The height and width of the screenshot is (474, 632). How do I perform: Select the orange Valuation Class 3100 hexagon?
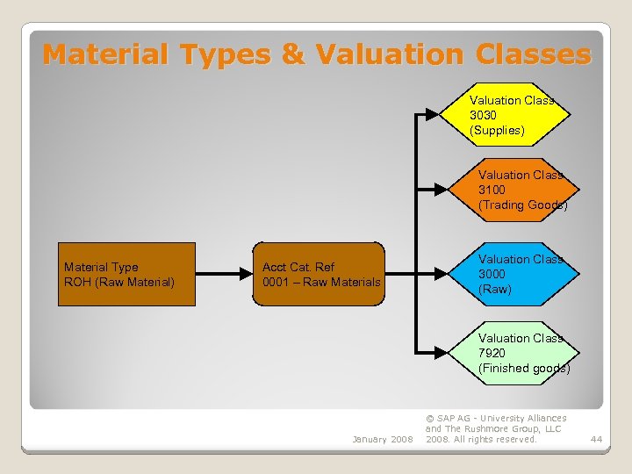518,189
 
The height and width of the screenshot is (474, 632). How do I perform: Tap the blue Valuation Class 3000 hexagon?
518,274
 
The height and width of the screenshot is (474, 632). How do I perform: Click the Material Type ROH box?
127,274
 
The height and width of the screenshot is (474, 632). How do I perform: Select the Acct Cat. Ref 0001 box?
319,274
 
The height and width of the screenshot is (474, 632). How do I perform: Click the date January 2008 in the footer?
382,439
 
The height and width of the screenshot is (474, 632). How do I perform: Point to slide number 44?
596,439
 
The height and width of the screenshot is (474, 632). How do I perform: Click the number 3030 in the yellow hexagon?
483,115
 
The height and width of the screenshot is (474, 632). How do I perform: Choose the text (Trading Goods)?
523,205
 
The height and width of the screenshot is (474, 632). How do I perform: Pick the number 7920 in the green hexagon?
492,353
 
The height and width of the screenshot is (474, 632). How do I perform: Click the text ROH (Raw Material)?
119,282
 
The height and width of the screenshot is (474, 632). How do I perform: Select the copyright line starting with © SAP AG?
496,419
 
